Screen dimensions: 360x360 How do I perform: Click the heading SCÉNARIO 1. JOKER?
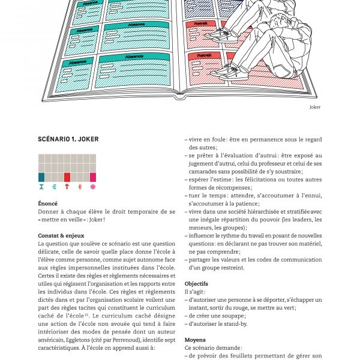click(68, 139)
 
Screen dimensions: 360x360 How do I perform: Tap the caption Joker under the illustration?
click(315, 107)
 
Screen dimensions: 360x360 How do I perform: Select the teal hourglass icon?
click(41, 187)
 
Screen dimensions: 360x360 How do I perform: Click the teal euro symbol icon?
click(54, 187)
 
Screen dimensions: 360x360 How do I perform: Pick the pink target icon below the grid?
click(93, 187)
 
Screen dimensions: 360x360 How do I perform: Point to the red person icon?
click(80, 187)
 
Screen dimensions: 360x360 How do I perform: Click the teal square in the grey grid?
click(41, 177)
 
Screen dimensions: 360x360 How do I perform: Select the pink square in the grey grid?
click(93, 177)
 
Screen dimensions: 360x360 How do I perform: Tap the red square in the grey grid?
click(67, 177)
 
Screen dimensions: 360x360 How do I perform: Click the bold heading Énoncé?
click(48, 203)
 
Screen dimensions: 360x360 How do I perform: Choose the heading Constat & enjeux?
click(61, 235)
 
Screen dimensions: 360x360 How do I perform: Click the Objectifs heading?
click(196, 283)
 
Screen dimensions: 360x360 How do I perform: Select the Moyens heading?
click(194, 338)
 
